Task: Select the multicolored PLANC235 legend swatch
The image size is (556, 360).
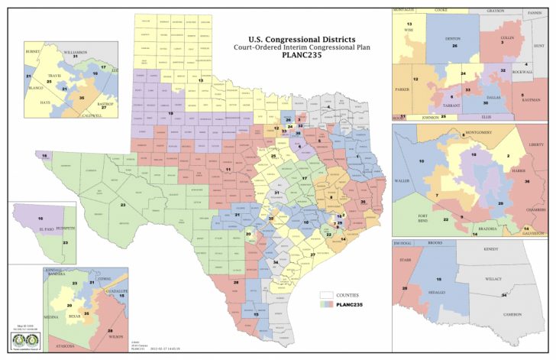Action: pyautogui.click(x=327, y=305)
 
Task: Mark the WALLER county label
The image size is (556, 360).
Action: pyautogui.click(x=402, y=180)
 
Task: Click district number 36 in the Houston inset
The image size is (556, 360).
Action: pyautogui.click(x=528, y=181)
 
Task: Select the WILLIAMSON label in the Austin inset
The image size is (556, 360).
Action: pyautogui.click(x=76, y=50)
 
